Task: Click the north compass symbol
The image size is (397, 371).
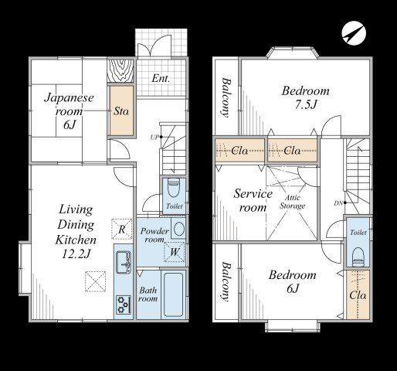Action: tap(354, 33)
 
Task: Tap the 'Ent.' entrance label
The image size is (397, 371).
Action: tap(161, 78)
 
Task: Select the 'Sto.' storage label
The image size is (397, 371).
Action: tap(121, 111)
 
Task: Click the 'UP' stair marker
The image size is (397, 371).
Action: tap(154, 138)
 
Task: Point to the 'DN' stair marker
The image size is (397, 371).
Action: tap(338, 203)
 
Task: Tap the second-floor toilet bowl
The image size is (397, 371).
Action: tap(358, 257)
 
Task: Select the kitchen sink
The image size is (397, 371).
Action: tap(124, 262)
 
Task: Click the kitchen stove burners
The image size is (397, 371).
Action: tap(124, 305)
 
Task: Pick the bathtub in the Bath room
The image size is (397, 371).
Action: tap(173, 294)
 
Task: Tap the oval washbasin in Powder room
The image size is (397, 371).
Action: tap(178, 228)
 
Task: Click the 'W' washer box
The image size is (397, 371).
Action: tap(175, 252)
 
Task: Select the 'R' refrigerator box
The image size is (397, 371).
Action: tap(122, 229)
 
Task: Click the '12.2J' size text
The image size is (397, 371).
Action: tap(76, 254)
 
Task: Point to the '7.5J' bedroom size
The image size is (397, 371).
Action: tap(306, 104)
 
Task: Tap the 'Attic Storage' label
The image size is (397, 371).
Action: tap(293, 202)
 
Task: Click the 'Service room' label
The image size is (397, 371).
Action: tap(253, 200)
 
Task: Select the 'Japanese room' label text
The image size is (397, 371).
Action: tap(69, 104)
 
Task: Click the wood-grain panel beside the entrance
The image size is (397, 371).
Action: tap(120, 70)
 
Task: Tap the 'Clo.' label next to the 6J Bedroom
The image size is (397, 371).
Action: tap(358, 295)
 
